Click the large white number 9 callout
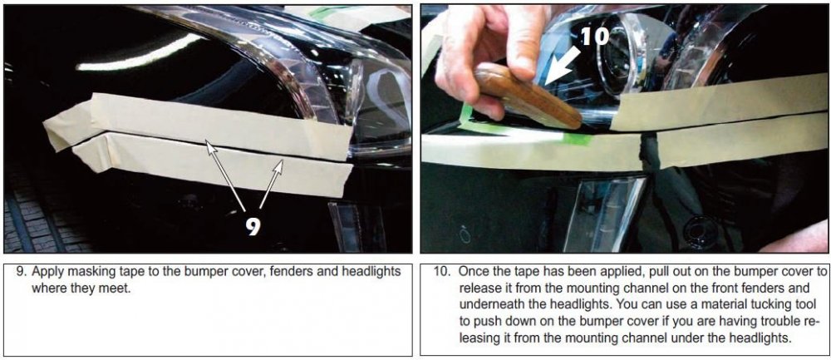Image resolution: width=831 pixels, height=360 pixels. coord(253,224)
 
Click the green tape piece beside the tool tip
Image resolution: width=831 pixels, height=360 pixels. coord(576,139)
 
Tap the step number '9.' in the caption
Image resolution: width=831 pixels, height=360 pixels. coord(22,272)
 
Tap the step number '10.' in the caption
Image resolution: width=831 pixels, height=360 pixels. coord(443,272)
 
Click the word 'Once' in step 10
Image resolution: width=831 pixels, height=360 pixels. coord(471,272)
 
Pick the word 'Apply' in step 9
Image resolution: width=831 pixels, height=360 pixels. coord(45,273)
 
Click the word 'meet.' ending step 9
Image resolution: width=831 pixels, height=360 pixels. coord(116,289)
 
